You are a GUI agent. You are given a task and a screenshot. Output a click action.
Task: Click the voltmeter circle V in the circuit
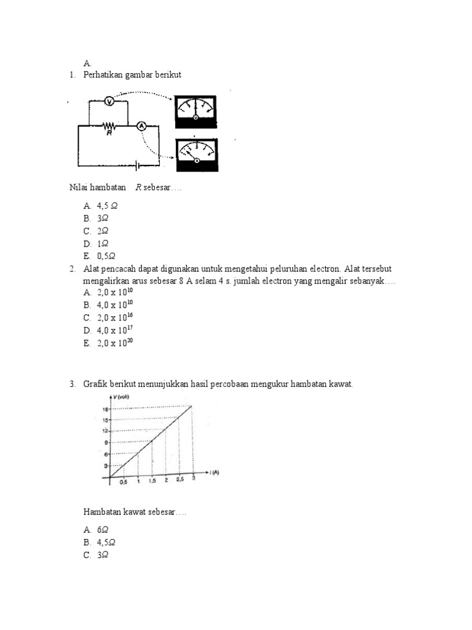point(108,100)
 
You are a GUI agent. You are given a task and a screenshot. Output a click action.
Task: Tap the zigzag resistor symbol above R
point(109,125)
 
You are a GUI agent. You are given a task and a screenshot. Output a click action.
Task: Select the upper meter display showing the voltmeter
point(195,111)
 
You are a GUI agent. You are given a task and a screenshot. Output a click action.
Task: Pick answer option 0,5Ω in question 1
point(106,256)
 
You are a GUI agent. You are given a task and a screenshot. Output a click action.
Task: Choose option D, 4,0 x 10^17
point(115,330)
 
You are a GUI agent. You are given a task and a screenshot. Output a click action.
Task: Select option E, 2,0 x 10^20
point(115,343)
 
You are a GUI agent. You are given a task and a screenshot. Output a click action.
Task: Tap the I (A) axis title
point(213,472)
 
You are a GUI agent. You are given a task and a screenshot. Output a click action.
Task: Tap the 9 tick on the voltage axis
point(106,442)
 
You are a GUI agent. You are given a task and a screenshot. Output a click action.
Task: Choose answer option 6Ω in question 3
point(103,528)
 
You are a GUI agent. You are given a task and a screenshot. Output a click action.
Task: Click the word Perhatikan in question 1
point(104,74)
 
